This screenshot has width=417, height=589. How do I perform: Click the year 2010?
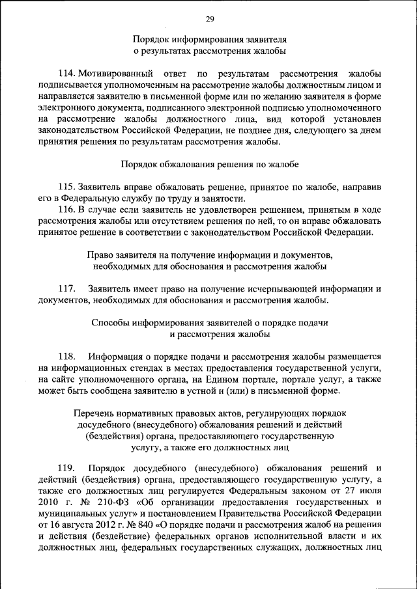click(50, 503)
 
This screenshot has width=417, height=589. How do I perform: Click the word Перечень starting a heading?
click(94, 413)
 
